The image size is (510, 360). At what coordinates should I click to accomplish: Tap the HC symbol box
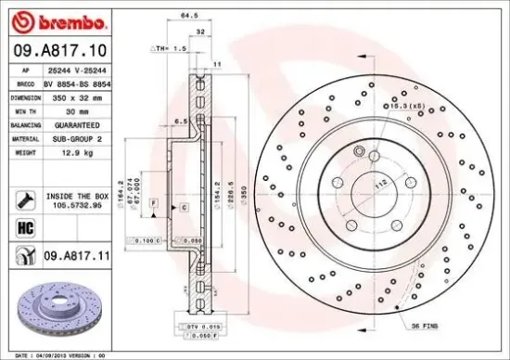click(23, 225)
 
